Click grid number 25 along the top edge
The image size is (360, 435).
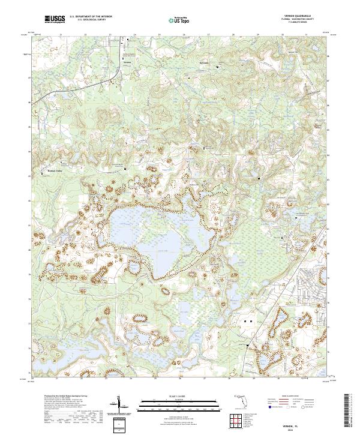coord(159,34)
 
